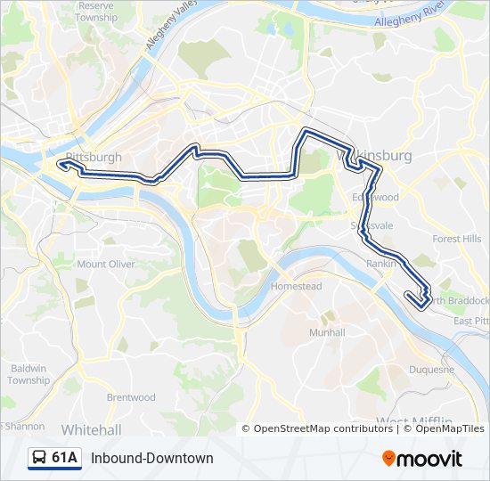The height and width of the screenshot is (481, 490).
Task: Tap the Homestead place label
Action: click(296, 287)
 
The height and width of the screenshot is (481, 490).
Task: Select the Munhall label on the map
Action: click(326, 332)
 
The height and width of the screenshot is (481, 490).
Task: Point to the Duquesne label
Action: click(431, 369)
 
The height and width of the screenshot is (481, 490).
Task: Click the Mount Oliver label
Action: click(106, 265)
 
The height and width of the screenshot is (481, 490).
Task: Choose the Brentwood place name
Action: click(131, 397)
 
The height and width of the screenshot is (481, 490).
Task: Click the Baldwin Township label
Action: click(29, 374)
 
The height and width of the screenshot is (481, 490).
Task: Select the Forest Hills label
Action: click(456, 240)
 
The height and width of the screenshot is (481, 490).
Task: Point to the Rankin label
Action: click(380, 264)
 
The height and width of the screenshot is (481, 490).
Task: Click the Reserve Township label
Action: click(95, 12)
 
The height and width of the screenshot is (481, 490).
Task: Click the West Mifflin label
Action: click(414, 421)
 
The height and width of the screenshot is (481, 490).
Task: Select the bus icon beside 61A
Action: click(39, 458)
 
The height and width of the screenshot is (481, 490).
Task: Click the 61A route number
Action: click(64, 458)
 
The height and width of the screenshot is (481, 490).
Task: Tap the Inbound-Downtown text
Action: click(152, 458)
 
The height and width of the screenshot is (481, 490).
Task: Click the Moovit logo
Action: click(422, 459)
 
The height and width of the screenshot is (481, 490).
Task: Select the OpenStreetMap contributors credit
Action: click(323, 428)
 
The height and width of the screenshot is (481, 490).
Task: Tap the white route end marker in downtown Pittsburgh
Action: click(61, 164)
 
